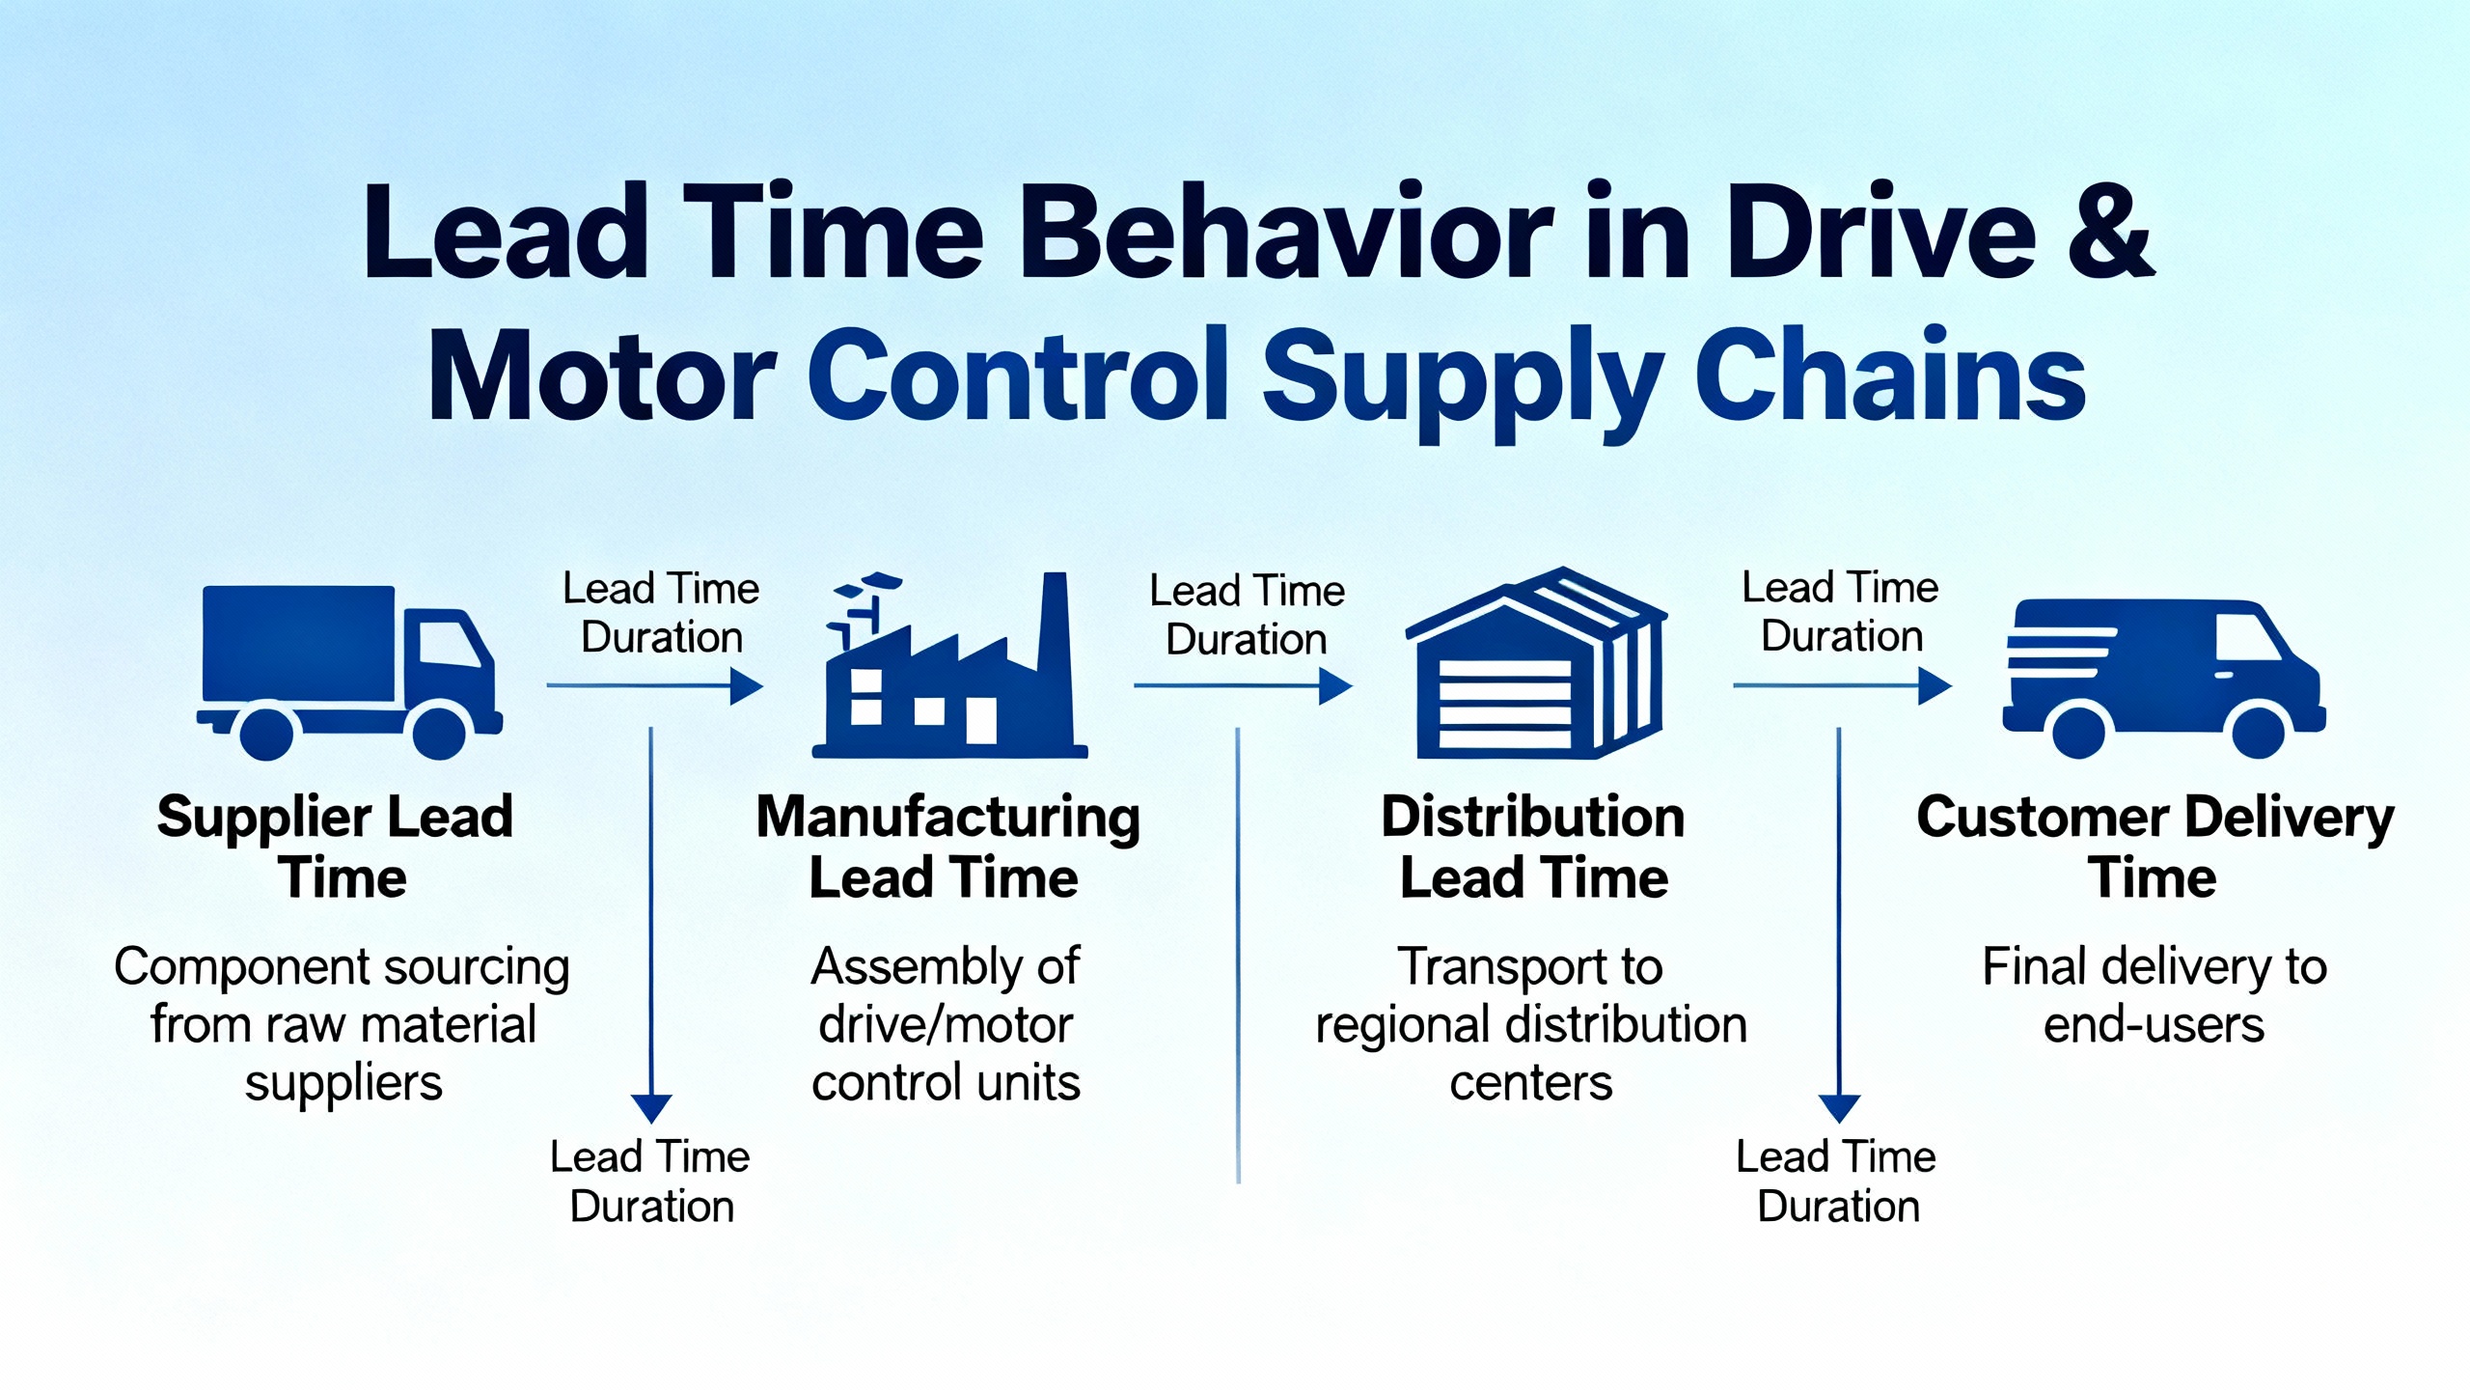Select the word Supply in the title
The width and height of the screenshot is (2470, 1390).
coord(1463,380)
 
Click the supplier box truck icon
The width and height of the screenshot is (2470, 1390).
coord(349,672)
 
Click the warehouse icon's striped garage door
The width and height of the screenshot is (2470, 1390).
coord(1505,704)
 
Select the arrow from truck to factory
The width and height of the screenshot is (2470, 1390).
coord(655,686)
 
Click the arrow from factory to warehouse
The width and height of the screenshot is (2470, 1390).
coord(1243,686)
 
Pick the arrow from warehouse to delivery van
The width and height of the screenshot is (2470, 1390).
coord(1843,686)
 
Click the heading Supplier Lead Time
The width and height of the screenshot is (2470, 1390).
coord(336,847)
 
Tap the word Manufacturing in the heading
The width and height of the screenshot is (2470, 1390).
coord(948,819)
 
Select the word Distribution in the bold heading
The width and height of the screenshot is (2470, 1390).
coord(1533,817)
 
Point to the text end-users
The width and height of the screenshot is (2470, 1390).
coord(2154,1024)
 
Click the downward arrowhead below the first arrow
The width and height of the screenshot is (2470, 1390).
coord(651,1108)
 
